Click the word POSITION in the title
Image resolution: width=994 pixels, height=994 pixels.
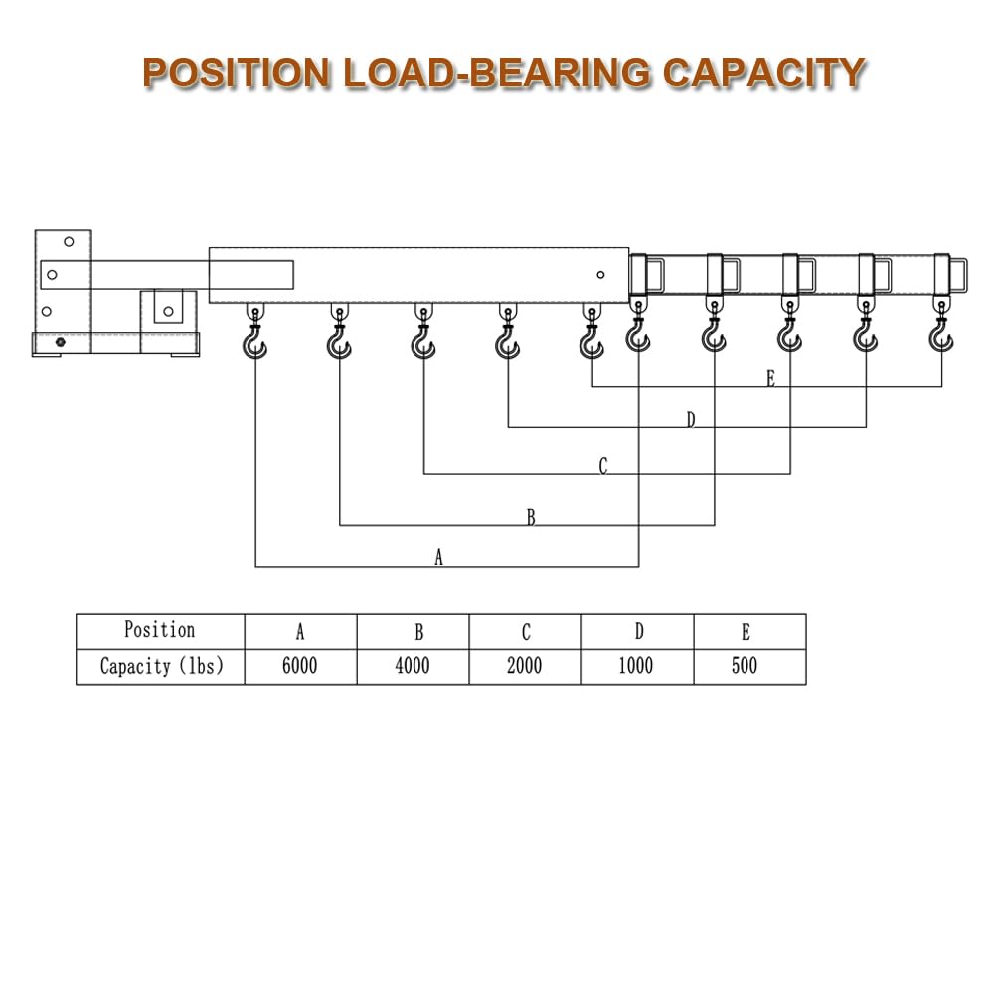(x=236, y=73)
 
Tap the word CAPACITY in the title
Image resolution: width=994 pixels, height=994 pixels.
(x=763, y=73)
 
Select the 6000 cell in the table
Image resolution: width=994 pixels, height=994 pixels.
(x=300, y=666)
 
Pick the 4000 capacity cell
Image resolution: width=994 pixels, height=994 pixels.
(x=413, y=666)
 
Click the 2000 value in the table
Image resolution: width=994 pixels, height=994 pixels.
(x=524, y=666)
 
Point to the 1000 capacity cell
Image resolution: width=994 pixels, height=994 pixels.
(x=636, y=666)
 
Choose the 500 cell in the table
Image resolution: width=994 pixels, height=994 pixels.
(x=745, y=666)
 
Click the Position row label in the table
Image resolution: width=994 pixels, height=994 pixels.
(x=160, y=630)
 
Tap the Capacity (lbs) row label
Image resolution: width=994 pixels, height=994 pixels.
(x=162, y=666)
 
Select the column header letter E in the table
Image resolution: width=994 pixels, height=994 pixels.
(x=746, y=632)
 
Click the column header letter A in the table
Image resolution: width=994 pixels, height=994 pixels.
(x=300, y=632)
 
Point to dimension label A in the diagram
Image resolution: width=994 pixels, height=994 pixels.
(x=438, y=557)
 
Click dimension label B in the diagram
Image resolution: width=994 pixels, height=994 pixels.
(x=531, y=517)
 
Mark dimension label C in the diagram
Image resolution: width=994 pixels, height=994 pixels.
(x=603, y=466)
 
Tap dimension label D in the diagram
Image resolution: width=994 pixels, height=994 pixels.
(x=691, y=419)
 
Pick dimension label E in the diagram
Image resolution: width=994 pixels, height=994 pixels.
(x=771, y=379)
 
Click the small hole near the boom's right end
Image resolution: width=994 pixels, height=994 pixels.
(x=600, y=275)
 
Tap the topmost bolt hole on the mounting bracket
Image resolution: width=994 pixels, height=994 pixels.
(x=69, y=241)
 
